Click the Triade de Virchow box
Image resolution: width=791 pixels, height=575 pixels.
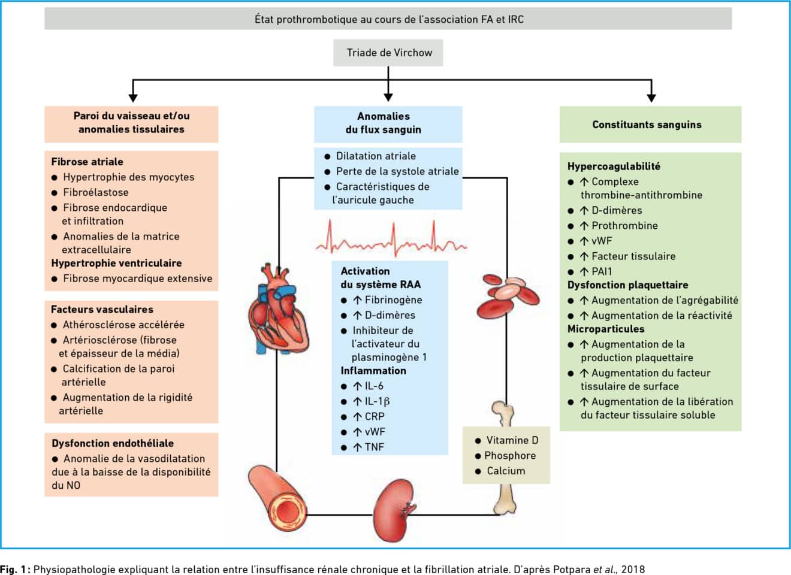pyautogui.click(x=389, y=53)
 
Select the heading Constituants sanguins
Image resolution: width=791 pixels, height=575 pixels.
pyautogui.click(x=647, y=125)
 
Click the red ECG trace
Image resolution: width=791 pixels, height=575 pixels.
pyautogui.click(x=391, y=240)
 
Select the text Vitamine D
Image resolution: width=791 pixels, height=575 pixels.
pyautogui.click(x=512, y=440)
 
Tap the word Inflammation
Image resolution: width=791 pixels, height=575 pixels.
pyautogui.click(x=373, y=371)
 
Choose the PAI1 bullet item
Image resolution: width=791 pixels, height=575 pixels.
pyautogui.click(x=601, y=271)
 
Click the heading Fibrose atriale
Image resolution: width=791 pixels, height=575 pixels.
pyautogui.click(x=87, y=162)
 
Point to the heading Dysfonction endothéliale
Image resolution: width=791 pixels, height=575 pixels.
pyautogui.click(x=113, y=443)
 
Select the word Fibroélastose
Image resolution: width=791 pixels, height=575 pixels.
pyautogui.click(x=96, y=192)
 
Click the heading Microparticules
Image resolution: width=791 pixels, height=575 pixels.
pyautogui.click(x=606, y=329)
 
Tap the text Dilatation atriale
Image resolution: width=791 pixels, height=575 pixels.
pyautogui.click(x=376, y=156)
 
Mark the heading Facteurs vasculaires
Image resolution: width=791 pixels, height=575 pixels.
pyautogui.click(x=102, y=309)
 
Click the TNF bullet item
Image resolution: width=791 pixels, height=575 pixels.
pyautogui.click(x=374, y=447)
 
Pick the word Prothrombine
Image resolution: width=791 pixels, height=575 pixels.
pyautogui.click(x=624, y=226)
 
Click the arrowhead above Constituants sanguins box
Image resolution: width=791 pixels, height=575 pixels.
pyautogui.click(x=651, y=97)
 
